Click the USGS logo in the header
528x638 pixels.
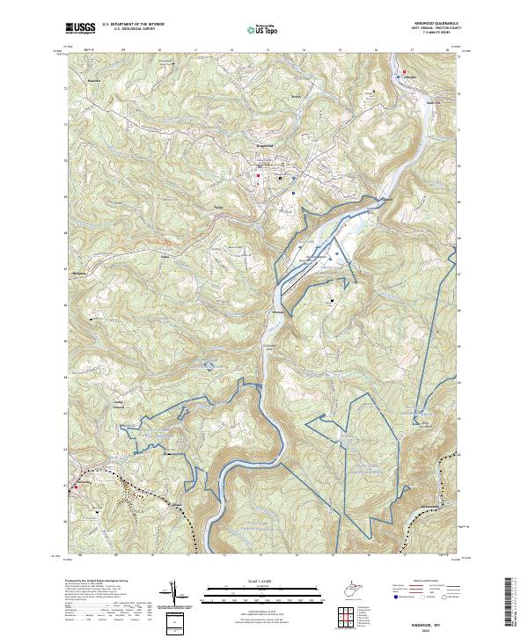point(80,29)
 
